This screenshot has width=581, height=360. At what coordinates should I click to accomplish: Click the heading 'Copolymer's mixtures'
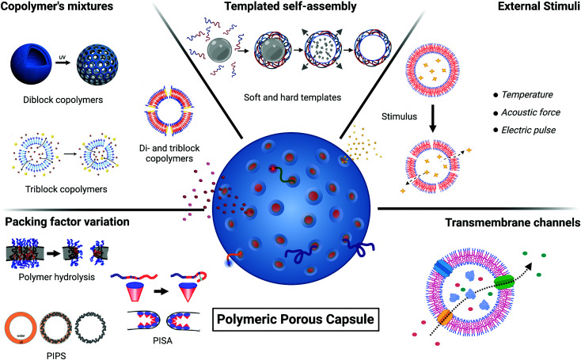pos(59,10)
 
